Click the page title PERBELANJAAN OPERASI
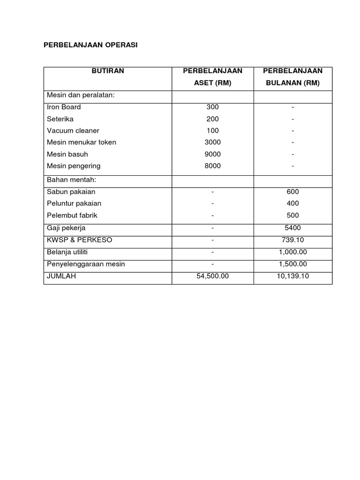90,45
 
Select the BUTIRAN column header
108,71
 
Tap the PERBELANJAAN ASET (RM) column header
212,77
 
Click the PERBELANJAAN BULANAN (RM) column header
292,77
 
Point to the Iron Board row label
64,107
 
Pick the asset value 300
212,107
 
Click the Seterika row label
60,119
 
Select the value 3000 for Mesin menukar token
212,142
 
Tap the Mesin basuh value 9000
212,154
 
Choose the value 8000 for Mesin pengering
212,166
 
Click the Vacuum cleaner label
73,131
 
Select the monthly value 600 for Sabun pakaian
292,192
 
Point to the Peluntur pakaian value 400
292,203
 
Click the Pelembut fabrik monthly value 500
292,216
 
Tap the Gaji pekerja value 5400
292,228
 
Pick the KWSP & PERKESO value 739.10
292,240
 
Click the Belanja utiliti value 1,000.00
292,252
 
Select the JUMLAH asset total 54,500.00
212,276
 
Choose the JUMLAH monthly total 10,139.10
292,276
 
